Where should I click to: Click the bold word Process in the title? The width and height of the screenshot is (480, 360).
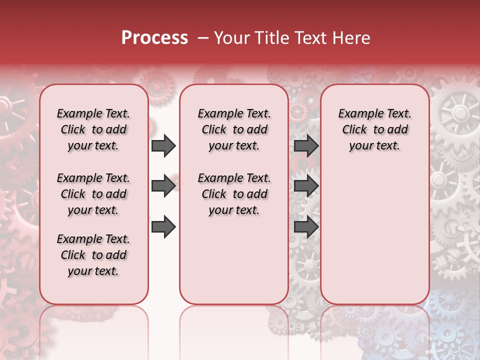pos(154,38)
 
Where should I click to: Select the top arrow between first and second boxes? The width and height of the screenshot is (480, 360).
pos(163,146)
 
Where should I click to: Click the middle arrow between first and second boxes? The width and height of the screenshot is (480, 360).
pos(163,186)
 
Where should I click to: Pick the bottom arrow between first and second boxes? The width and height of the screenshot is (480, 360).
pos(163,227)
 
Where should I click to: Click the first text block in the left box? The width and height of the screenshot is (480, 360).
pos(93,129)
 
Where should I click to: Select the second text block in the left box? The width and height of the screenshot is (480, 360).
pos(93,194)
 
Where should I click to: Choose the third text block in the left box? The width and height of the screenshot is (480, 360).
pos(93,255)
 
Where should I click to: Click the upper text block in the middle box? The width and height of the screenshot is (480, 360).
pos(234,129)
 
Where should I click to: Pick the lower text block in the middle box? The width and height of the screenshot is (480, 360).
pos(234,194)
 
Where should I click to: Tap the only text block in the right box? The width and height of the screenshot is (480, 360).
pos(374,129)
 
